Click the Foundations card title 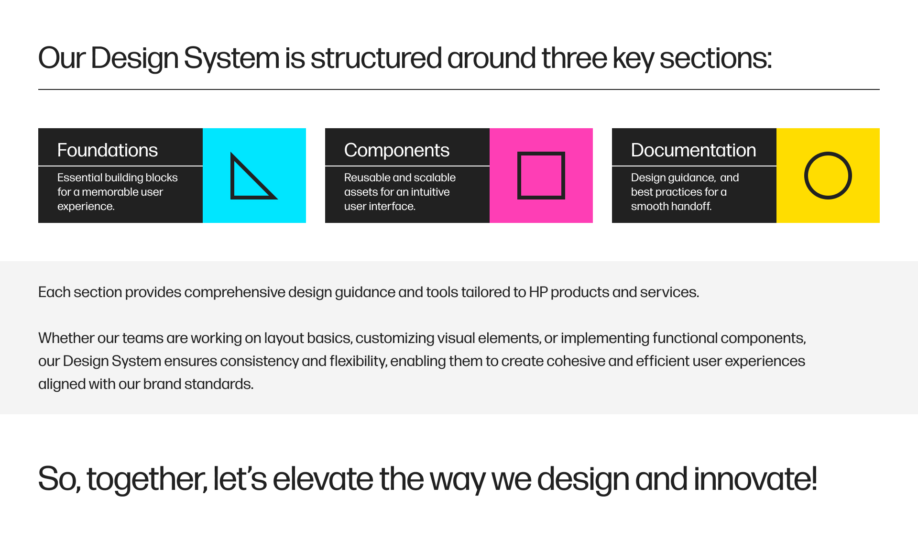pyautogui.click(x=107, y=150)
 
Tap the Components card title pyautogui.click(x=396, y=150)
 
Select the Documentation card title pyautogui.click(x=693, y=150)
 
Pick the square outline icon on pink pyautogui.click(x=541, y=176)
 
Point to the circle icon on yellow pyautogui.click(x=828, y=176)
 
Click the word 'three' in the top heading pyautogui.click(x=574, y=58)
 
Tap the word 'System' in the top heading pyautogui.click(x=231, y=58)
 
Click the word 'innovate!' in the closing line pyautogui.click(x=755, y=479)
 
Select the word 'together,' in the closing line pyautogui.click(x=147, y=479)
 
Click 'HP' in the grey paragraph pyautogui.click(x=538, y=292)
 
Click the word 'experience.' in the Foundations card pyautogui.click(x=86, y=206)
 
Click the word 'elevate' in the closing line pyautogui.click(x=323, y=479)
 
